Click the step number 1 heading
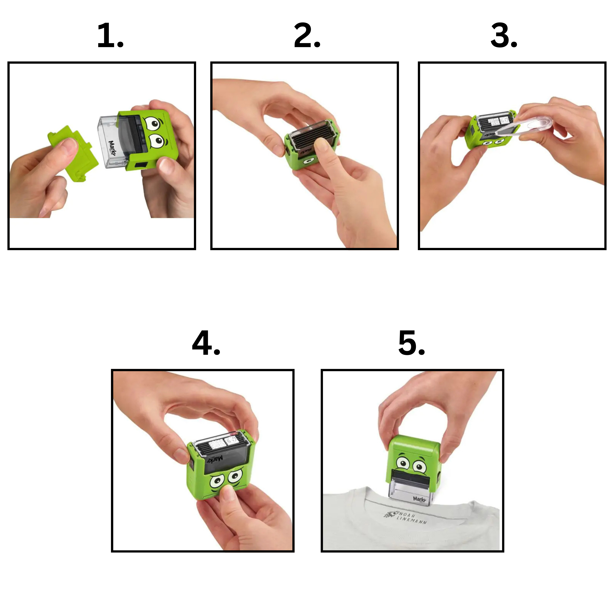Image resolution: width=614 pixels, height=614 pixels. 110,36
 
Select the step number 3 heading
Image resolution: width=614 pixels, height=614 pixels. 504,36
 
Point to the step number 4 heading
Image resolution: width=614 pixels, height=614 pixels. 206,343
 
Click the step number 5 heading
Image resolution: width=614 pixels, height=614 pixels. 412,343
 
